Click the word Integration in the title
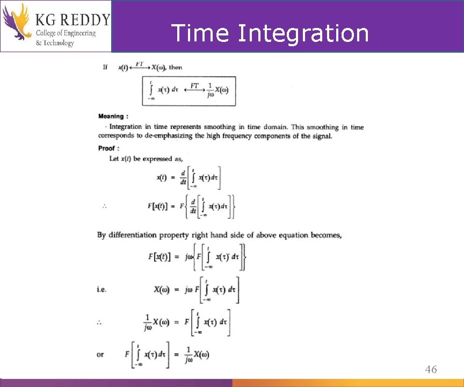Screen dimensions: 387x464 [x=303, y=33]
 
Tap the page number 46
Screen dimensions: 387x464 [x=431, y=369]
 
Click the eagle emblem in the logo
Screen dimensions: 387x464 [x=17, y=21]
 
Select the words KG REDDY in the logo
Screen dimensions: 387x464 [x=73, y=20]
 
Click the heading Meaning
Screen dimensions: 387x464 [x=113, y=116]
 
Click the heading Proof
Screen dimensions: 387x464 [x=108, y=148]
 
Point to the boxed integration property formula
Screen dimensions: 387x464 [x=189, y=91]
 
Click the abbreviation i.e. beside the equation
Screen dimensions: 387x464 [x=102, y=289]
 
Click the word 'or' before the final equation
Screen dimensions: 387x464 [x=100, y=354]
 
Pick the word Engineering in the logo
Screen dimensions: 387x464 [x=77, y=33]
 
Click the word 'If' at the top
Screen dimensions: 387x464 [x=105, y=67]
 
